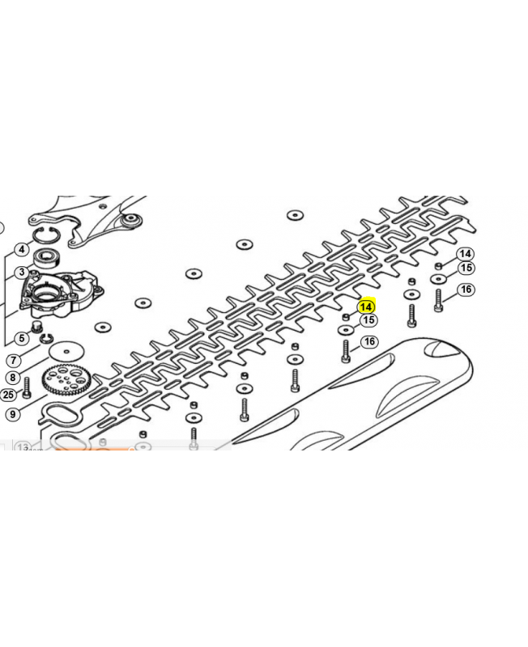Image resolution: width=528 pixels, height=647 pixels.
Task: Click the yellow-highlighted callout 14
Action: pyautogui.click(x=366, y=307)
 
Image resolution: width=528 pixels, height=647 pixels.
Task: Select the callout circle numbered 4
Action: pyautogui.click(x=22, y=249)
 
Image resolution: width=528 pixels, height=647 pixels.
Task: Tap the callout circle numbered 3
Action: pyautogui.click(x=22, y=273)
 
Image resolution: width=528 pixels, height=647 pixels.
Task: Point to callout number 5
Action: pyautogui.click(x=22, y=338)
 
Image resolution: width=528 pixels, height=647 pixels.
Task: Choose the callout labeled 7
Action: pyautogui.click(x=14, y=360)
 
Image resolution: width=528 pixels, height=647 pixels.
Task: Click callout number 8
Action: pyautogui.click(x=13, y=377)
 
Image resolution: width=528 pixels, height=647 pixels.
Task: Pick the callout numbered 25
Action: pyautogui.click(x=8, y=395)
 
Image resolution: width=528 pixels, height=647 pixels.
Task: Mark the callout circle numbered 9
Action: pyautogui.click(x=13, y=413)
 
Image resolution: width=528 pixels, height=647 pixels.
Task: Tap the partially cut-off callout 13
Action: pyautogui.click(x=23, y=446)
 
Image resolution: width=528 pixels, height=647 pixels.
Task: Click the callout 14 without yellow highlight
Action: pyautogui.click(x=465, y=254)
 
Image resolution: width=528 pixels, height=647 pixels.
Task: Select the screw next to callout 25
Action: pyautogui.click(x=28, y=388)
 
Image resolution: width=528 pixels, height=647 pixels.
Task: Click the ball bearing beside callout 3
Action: pyautogui.click(x=47, y=259)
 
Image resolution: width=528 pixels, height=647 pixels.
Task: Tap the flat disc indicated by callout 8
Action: pyautogui.click(x=66, y=351)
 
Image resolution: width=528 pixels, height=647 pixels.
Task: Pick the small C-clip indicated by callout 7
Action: pyautogui.click(x=46, y=339)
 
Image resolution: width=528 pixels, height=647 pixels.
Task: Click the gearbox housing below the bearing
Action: pyautogui.click(x=62, y=294)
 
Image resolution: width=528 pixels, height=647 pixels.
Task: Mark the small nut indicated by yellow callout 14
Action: pyautogui.click(x=346, y=317)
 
